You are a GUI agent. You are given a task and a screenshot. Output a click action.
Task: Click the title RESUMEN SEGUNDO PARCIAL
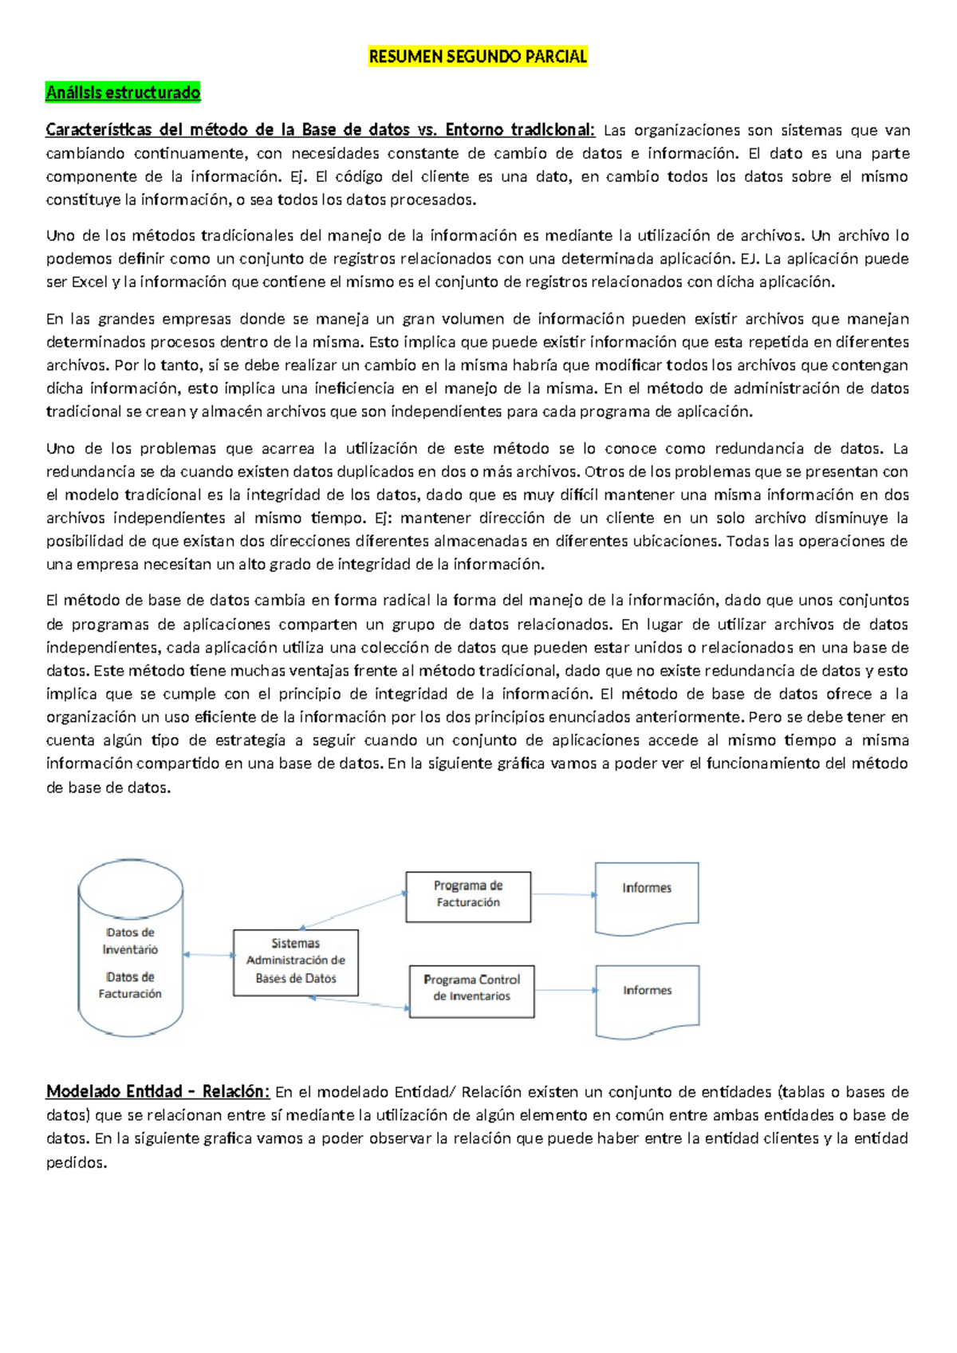(478, 57)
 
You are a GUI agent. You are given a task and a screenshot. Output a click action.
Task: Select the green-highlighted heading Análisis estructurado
(123, 93)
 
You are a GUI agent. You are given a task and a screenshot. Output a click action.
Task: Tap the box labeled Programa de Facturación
(468, 897)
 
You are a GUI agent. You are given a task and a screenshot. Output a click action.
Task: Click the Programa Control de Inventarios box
(471, 991)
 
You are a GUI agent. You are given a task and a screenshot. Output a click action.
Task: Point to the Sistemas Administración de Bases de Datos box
(295, 962)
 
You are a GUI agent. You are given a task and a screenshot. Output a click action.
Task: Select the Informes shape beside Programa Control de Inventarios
(648, 999)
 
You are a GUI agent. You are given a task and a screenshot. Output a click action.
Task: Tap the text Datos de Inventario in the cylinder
(130, 941)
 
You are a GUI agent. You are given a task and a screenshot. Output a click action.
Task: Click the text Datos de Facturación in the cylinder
(130, 985)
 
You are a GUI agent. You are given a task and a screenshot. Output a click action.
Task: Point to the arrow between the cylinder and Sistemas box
(208, 955)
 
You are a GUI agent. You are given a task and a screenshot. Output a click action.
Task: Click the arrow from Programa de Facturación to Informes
(563, 894)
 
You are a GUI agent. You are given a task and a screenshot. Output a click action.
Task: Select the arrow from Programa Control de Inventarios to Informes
(565, 990)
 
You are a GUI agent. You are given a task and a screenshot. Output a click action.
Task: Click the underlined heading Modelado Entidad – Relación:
(158, 1091)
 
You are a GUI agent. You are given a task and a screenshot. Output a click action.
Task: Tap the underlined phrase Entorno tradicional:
(520, 130)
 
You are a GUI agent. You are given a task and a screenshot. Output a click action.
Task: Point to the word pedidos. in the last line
(77, 1162)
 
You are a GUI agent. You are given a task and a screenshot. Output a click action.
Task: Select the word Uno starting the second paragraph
(61, 235)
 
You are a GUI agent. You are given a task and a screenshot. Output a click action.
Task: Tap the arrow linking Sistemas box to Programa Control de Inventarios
(360, 1003)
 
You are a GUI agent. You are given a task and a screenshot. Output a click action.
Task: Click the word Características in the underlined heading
(96, 130)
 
